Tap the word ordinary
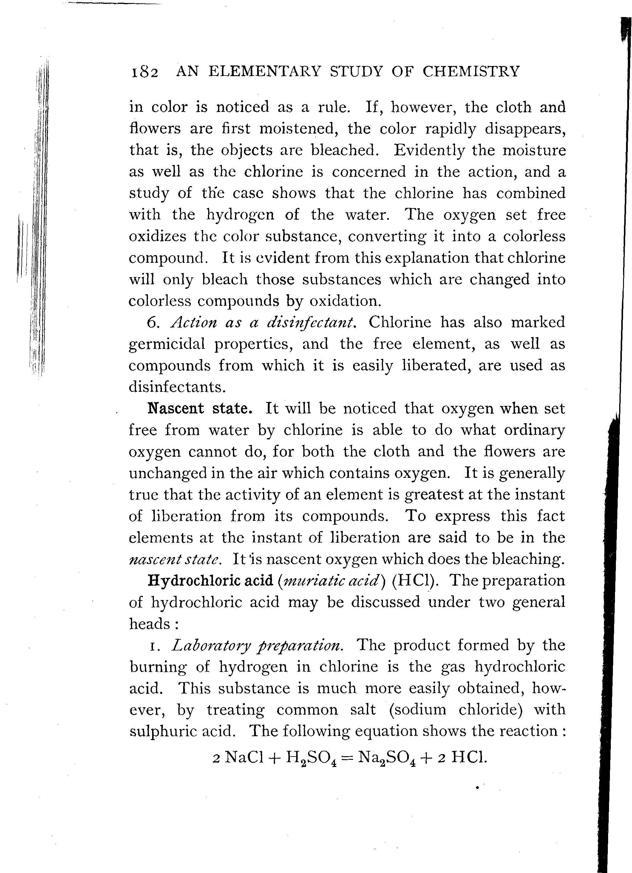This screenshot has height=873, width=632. [x=534, y=429]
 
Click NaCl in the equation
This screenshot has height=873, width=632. [x=244, y=757]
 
